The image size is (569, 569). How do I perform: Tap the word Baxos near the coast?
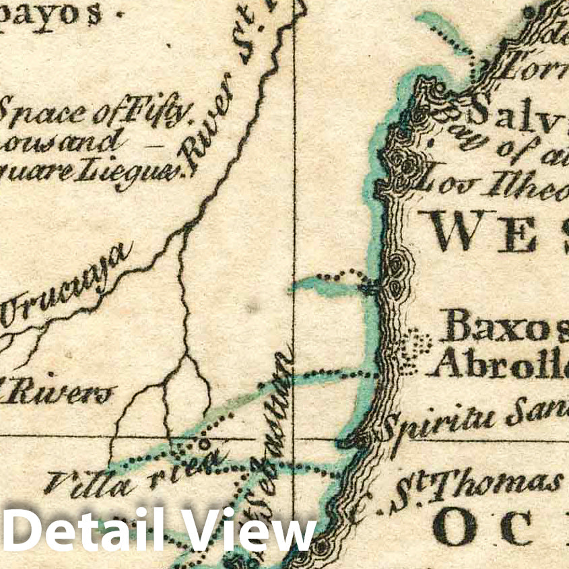[x=503, y=328]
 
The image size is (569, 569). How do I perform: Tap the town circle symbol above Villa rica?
[x=200, y=444]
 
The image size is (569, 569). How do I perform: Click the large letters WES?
[x=498, y=230]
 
